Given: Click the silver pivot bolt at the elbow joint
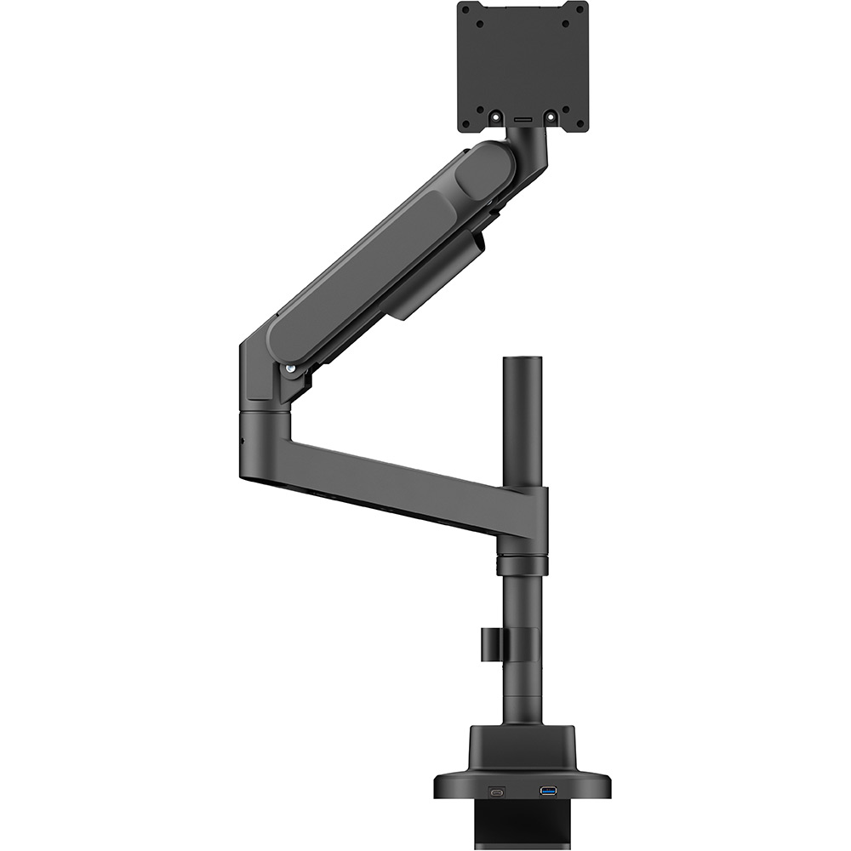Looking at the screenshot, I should pyautogui.click(x=292, y=368).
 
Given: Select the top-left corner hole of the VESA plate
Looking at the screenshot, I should pyautogui.click(x=465, y=10).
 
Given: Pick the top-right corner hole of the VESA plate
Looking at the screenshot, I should pyautogui.click(x=580, y=10).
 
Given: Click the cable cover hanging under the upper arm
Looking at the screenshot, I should pyautogui.click(x=434, y=281).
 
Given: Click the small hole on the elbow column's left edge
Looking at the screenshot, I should pyautogui.click(x=243, y=443).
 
